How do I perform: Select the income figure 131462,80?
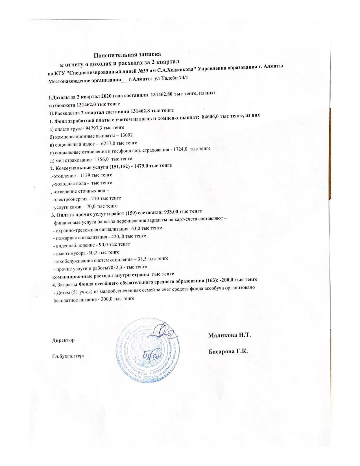point(162,95)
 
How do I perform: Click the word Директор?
point(63,340)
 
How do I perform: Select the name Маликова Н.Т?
point(230,336)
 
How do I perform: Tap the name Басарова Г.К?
point(228,352)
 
